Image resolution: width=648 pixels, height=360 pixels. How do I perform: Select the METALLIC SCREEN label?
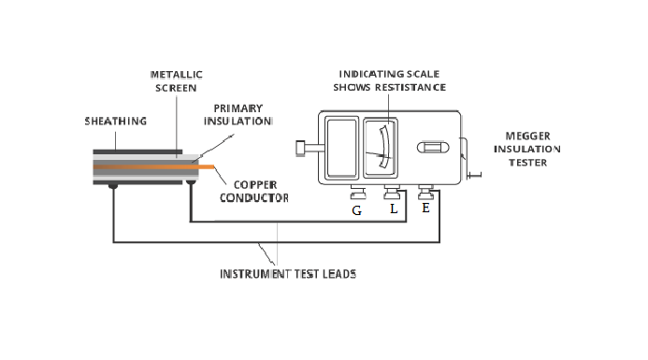[x=178, y=80]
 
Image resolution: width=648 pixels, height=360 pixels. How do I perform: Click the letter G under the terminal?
[x=356, y=210]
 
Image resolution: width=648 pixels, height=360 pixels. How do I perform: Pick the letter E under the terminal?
[x=426, y=208]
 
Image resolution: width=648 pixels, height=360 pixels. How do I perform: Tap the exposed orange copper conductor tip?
[x=208, y=166]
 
